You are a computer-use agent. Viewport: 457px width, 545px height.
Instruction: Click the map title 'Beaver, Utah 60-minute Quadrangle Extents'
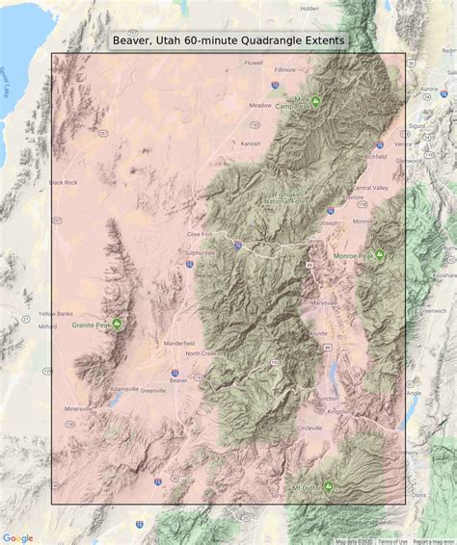(228, 40)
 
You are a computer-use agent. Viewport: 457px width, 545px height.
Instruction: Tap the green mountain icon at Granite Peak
(118, 324)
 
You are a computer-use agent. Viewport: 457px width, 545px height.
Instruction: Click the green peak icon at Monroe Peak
(380, 254)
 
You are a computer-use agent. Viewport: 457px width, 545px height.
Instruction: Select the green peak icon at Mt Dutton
(329, 486)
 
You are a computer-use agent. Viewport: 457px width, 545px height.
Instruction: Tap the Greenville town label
(152, 391)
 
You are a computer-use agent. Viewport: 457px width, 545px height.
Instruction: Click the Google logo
(17, 537)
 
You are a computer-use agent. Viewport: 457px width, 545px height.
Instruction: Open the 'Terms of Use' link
(391, 541)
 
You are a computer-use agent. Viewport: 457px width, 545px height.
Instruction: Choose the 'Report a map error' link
(434, 541)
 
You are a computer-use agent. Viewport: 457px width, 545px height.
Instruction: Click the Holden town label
(309, 9)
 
